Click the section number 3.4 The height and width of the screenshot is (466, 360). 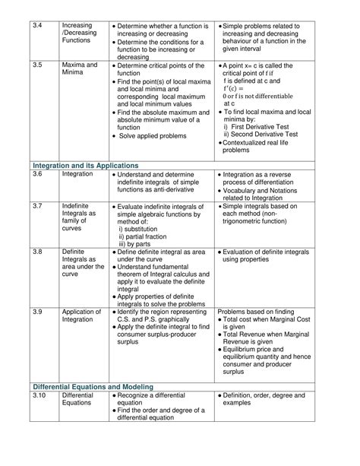[x=38, y=26]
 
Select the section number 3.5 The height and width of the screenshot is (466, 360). [x=38, y=66]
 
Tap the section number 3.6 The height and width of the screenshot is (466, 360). [x=38, y=174]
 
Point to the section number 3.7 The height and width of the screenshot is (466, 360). [x=38, y=205]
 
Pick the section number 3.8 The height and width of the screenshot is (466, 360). [x=38, y=252]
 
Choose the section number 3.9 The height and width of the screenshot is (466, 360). [x=38, y=312]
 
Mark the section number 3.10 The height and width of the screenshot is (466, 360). [x=39, y=396]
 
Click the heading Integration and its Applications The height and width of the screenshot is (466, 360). [x=85, y=164]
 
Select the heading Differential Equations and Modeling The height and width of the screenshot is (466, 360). [x=93, y=386]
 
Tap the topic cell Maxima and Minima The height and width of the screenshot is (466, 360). [x=80, y=71]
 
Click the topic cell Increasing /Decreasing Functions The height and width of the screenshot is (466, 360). [x=80, y=34]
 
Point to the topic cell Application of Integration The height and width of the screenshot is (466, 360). [x=81, y=315]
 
